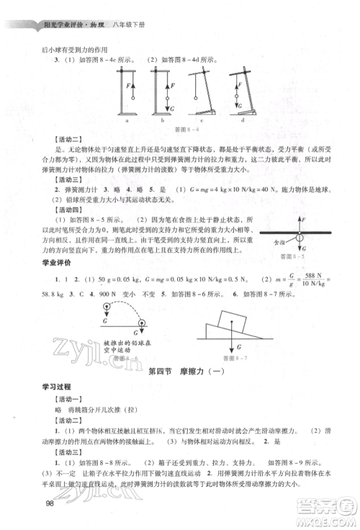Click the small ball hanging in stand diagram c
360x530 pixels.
pyautogui.click(x=195, y=98)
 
